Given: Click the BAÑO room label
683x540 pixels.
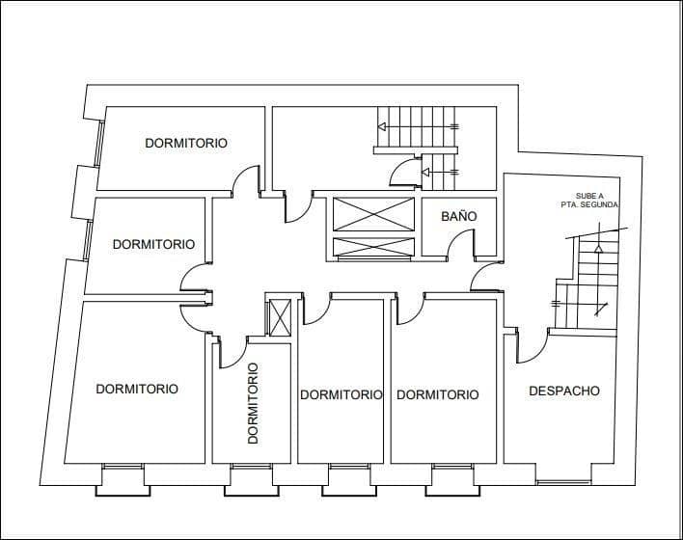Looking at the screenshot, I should point(459,217).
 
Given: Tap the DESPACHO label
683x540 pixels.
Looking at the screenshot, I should point(564,391).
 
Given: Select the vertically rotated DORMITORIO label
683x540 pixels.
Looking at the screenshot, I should point(254,402).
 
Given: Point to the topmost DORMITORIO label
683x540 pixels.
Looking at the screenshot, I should point(186,143).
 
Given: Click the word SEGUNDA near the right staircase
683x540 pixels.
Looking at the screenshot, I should point(600,205).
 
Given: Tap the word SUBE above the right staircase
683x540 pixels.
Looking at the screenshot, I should point(587,196).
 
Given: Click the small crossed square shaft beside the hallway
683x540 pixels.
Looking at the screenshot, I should point(280,317).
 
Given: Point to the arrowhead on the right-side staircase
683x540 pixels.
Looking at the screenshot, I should point(598,249).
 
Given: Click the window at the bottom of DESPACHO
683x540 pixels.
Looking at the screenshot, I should point(564,481).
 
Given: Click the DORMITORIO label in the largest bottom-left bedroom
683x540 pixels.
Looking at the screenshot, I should point(137,390).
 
